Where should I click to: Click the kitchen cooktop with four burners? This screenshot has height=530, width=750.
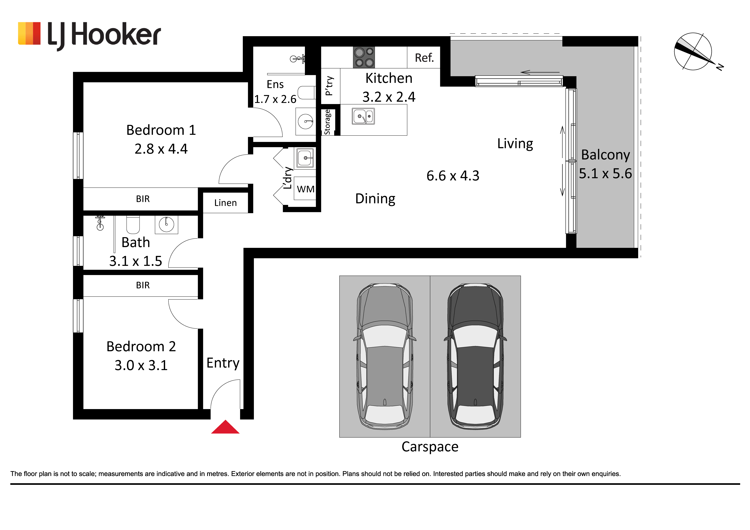tap(364, 57)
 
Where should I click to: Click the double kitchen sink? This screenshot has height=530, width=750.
tap(363, 116)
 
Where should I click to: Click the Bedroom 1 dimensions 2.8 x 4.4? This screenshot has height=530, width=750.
tap(161, 149)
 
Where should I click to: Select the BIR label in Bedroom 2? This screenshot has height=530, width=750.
tap(143, 285)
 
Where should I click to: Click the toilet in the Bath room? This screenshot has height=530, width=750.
tap(133, 225)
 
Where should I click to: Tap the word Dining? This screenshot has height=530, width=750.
tap(375, 199)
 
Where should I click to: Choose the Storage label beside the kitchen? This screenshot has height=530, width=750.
tap(327, 122)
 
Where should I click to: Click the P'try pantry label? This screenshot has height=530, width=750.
tap(329, 86)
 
